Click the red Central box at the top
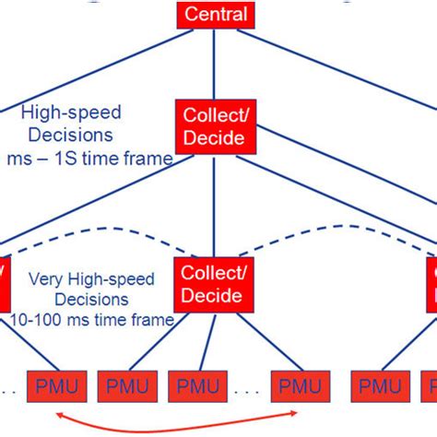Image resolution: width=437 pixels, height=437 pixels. coord(216,14)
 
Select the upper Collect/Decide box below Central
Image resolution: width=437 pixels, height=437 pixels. coord(210,126)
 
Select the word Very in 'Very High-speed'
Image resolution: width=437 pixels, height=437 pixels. coord(43,278)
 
